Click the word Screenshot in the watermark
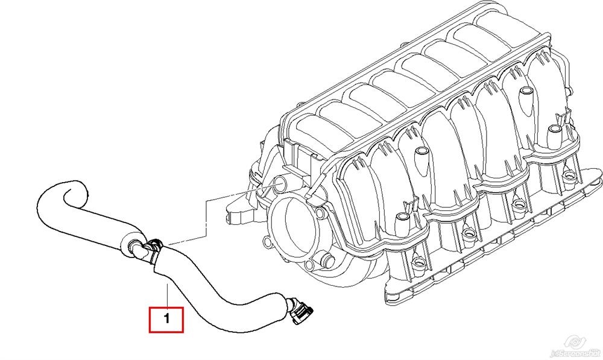click(x=582, y=351)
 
